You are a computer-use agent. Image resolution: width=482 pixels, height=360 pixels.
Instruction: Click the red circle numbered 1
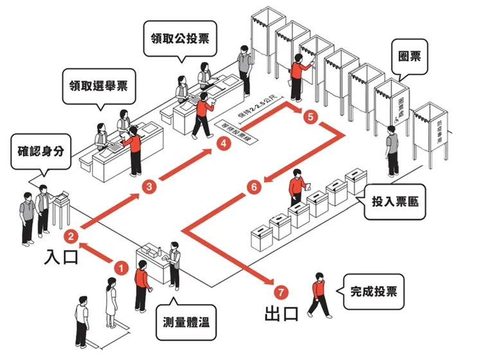[x=120, y=265]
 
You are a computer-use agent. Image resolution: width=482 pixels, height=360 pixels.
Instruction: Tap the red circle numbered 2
[x=72, y=236]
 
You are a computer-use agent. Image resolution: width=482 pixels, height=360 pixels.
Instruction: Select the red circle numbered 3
[x=149, y=188]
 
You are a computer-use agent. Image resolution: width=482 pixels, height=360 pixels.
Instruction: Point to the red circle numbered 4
[x=223, y=145]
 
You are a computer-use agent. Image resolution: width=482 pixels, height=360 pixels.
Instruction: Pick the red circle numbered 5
[x=310, y=117]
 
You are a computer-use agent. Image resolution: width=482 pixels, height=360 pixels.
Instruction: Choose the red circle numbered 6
[x=253, y=188]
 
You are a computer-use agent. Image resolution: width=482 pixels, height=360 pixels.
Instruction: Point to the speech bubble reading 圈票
[x=409, y=58]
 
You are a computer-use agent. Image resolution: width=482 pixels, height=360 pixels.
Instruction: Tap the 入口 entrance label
[x=62, y=257]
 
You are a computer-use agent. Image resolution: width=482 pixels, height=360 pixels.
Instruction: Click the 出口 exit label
[x=283, y=315]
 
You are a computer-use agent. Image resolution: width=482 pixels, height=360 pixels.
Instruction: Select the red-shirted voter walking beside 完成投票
[x=317, y=294]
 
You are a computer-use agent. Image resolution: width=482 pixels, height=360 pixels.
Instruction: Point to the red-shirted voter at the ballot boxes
[x=298, y=188]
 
